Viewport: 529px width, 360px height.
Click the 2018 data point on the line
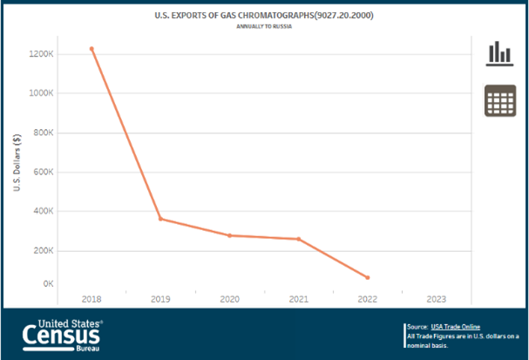click(x=92, y=49)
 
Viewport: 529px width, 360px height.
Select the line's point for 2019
click(x=160, y=219)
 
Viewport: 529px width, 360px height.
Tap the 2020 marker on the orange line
click(x=229, y=235)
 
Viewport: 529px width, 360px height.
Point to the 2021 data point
click(x=298, y=239)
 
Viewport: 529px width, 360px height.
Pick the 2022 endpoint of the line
click(x=368, y=278)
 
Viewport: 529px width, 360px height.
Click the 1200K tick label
click(x=43, y=54)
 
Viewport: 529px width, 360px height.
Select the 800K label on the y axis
click(x=45, y=132)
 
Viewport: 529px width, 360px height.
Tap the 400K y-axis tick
click(x=45, y=211)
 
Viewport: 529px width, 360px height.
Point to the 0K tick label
click(x=50, y=283)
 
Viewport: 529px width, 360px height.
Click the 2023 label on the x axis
click(x=437, y=299)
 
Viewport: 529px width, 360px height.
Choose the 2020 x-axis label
click(x=229, y=299)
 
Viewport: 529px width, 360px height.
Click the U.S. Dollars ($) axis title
click(x=17, y=165)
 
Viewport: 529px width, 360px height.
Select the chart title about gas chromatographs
click(x=264, y=16)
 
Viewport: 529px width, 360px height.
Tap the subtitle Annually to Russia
click(x=264, y=27)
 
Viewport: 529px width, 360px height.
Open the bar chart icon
click(x=499, y=53)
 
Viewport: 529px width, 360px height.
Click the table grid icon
click(x=499, y=101)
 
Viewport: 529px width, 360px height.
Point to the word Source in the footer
click(x=417, y=326)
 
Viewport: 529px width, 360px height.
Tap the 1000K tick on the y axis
click(x=43, y=93)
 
